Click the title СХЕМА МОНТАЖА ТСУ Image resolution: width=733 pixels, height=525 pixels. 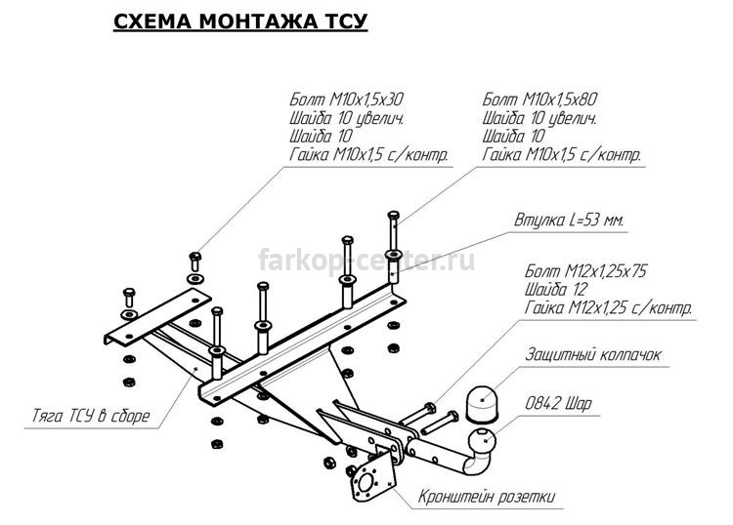(x=240, y=21)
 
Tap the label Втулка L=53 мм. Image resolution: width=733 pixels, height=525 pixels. (x=569, y=220)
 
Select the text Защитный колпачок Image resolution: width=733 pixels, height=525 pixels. (x=593, y=354)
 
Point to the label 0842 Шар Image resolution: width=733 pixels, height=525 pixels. (x=558, y=403)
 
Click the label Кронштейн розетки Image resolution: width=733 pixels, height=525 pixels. (x=486, y=497)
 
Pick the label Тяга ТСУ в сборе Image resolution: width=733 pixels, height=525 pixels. (x=91, y=416)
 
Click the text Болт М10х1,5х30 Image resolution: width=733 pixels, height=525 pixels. (x=346, y=100)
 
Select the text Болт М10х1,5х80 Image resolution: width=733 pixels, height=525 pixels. (x=539, y=100)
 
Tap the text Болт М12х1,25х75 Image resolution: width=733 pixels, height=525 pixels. (x=585, y=271)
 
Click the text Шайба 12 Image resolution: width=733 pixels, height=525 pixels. (x=555, y=290)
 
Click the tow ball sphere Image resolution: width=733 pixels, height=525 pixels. (x=482, y=439)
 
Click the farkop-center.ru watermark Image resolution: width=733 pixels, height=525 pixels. (x=366, y=260)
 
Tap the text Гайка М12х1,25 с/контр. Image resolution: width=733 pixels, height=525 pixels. (x=608, y=308)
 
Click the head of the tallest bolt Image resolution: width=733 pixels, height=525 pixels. (x=394, y=216)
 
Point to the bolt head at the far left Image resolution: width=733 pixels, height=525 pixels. (x=129, y=293)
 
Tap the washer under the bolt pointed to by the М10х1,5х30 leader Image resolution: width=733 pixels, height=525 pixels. (x=194, y=279)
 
